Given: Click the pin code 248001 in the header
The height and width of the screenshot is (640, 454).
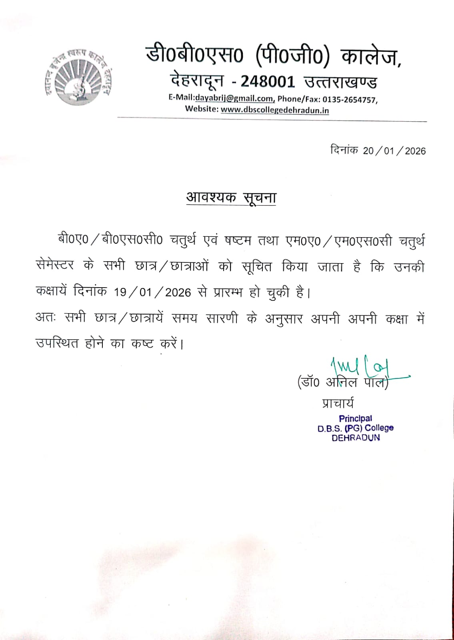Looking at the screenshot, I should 268,82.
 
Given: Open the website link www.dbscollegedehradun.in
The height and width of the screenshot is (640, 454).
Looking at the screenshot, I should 275,110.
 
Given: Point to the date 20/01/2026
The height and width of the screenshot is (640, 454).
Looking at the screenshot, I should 394,151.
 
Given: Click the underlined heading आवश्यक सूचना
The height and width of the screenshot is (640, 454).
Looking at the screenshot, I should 231,198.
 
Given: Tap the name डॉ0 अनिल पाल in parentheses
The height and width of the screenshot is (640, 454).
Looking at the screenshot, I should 343,382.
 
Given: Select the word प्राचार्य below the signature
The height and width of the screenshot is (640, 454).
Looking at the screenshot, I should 338,403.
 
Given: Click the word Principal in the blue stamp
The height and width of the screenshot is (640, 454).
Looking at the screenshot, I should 355,418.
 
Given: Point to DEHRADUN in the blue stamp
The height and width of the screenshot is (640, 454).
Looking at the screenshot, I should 356,438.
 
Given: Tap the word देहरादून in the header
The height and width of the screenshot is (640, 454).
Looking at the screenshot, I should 197,81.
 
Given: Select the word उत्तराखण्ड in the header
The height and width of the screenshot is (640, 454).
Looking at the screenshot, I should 340,82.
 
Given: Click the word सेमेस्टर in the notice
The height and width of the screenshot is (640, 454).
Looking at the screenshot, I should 55,266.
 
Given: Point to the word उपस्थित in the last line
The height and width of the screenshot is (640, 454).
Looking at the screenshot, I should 57,343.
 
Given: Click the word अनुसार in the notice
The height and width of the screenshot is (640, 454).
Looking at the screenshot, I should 284,319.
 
